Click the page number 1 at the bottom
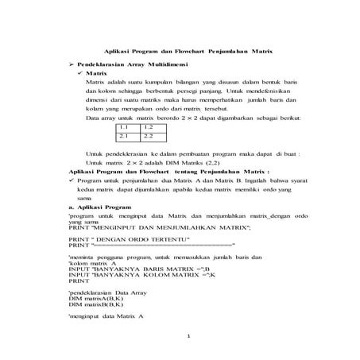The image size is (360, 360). coord(188,336)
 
